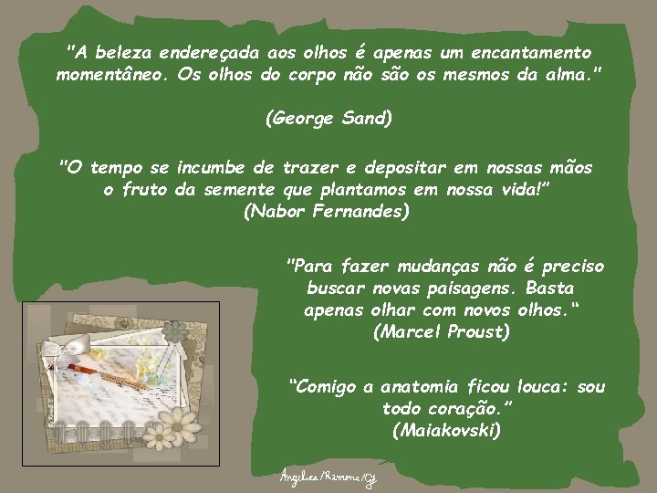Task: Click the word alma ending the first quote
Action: (x=565, y=75)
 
